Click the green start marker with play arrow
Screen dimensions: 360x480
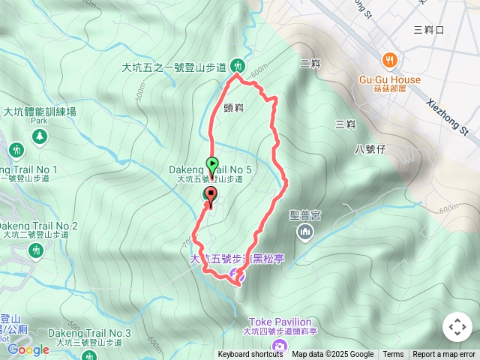click(x=212, y=164)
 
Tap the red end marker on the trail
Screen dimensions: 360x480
click(x=210, y=196)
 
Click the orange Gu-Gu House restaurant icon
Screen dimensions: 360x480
click(x=389, y=61)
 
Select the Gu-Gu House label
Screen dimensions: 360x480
click(x=389, y=79)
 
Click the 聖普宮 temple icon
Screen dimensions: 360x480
click(x=304, y=233)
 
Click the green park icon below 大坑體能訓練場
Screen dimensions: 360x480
click(x=39, y=136)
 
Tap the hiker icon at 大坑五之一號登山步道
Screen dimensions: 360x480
click(x=237, y=66)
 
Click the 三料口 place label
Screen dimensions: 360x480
click(x=429, y=30)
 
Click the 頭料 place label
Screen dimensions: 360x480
click(x=233, y=108)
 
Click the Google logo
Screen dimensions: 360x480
click(x=28, y=349)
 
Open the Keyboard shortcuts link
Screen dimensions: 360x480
click(x=250, y=355)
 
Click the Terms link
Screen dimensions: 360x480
click(x=393, y=355)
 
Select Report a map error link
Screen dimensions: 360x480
click(x=444, y=355)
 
